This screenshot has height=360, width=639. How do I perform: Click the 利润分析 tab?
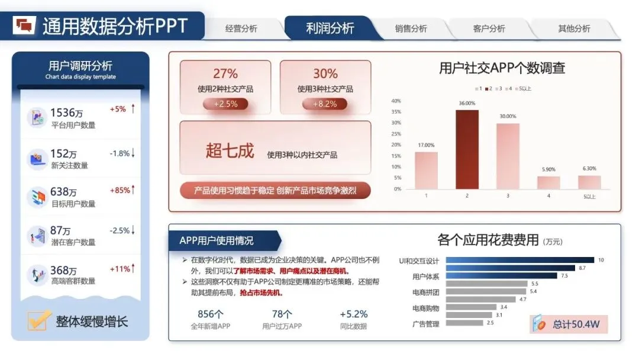[x=330, y=28]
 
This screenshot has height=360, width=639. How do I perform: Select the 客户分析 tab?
[x=489, y=28]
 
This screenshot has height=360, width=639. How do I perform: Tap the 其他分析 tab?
[x=574, y=28]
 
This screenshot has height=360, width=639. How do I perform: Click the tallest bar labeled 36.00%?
[x=467, y=149]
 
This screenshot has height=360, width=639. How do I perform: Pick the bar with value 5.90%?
[x=548, y=182]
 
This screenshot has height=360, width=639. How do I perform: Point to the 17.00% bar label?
[x=426, y=145]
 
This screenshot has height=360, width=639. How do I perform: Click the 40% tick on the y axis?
[x=396, y=101]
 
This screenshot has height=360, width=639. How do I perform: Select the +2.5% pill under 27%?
[x=225, y=104]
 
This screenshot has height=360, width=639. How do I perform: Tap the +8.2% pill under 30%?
[x=325, y=104]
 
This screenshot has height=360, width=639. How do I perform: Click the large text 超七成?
[x=230, y=151]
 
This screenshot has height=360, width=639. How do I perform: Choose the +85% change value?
[x=120, y=190]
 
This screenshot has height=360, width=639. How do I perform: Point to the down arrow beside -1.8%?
[x=134, y=153]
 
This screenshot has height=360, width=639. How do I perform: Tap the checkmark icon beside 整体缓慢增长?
[x=38, y=320]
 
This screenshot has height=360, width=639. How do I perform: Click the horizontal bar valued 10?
[x=519, y=260]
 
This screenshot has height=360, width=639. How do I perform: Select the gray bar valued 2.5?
[x=464, y=323]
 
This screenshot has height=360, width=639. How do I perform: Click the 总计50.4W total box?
[x=569, y=324]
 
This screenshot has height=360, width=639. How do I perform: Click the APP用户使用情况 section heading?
[x=217, y=240]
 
